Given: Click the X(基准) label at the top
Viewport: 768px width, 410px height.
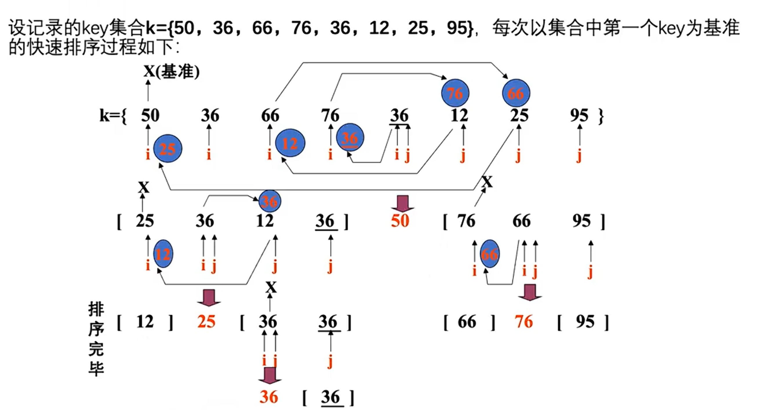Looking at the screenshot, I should point(172,72).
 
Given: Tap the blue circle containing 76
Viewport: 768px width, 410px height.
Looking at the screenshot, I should point(455,93).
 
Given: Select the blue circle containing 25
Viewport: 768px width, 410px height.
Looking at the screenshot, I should point(168,148).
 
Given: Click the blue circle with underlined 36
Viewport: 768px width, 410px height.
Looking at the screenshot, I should point(350,137).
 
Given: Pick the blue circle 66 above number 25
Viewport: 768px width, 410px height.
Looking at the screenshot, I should point(516,93).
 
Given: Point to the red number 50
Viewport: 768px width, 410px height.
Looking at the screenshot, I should point(400,221).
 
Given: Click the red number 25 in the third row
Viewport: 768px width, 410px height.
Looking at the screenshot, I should point(206,322).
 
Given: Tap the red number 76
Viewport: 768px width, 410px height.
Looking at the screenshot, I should point(523,322).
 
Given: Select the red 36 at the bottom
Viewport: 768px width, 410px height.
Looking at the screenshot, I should point(269,397).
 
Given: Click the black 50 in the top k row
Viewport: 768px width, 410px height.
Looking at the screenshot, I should point(150,115).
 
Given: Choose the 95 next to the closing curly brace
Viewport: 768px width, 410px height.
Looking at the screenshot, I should point(579,115).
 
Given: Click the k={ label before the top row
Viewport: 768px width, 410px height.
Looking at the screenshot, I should point(113,116).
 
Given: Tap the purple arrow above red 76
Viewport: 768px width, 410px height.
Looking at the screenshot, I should point(530,292).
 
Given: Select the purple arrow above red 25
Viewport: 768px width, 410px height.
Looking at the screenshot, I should point(209,298).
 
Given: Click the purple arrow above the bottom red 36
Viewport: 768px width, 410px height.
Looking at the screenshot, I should point(270,376).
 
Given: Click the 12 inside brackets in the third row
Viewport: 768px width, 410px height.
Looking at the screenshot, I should point(145,322).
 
